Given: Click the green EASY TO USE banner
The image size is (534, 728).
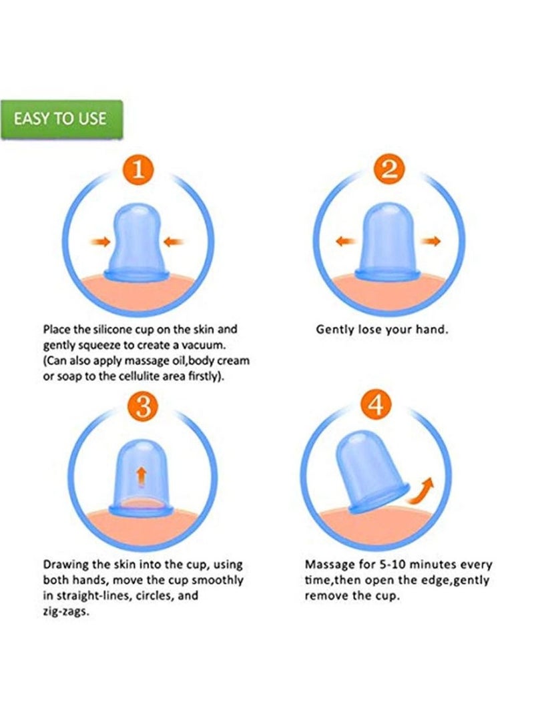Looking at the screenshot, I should [x=61, y=119].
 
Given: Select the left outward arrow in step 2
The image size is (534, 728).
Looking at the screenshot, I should [x=346, y=241].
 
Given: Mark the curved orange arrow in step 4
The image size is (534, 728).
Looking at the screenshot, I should [x=419, y=491].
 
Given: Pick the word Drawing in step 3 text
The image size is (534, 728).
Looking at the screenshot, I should [x=66, y=565].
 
